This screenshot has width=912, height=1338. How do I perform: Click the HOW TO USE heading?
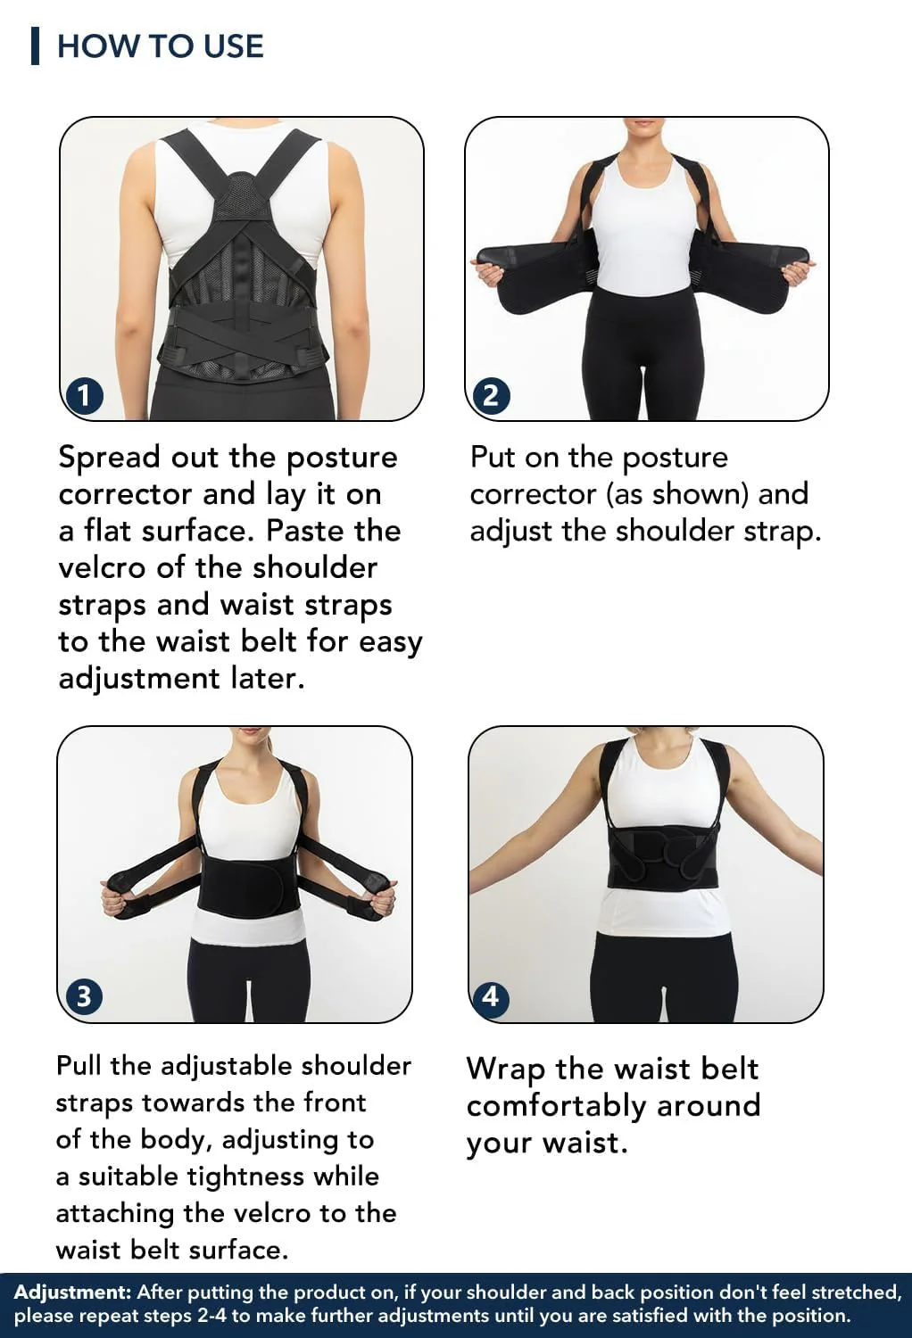point(160,46)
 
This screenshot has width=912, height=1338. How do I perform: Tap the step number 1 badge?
point(84,395)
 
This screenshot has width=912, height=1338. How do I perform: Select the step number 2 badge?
point(490,395)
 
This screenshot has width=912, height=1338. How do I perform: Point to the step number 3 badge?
point(84,996)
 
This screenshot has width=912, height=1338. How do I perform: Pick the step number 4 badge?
point(490,996)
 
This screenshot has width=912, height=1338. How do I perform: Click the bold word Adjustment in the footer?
point(72,1292)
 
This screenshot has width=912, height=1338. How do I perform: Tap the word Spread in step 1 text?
point(110,458)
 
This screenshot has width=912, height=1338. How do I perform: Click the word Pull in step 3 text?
point(79,1066)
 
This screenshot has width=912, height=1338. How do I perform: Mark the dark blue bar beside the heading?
point(36,45)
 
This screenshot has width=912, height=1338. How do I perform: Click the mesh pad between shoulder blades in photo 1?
point(243,197)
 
